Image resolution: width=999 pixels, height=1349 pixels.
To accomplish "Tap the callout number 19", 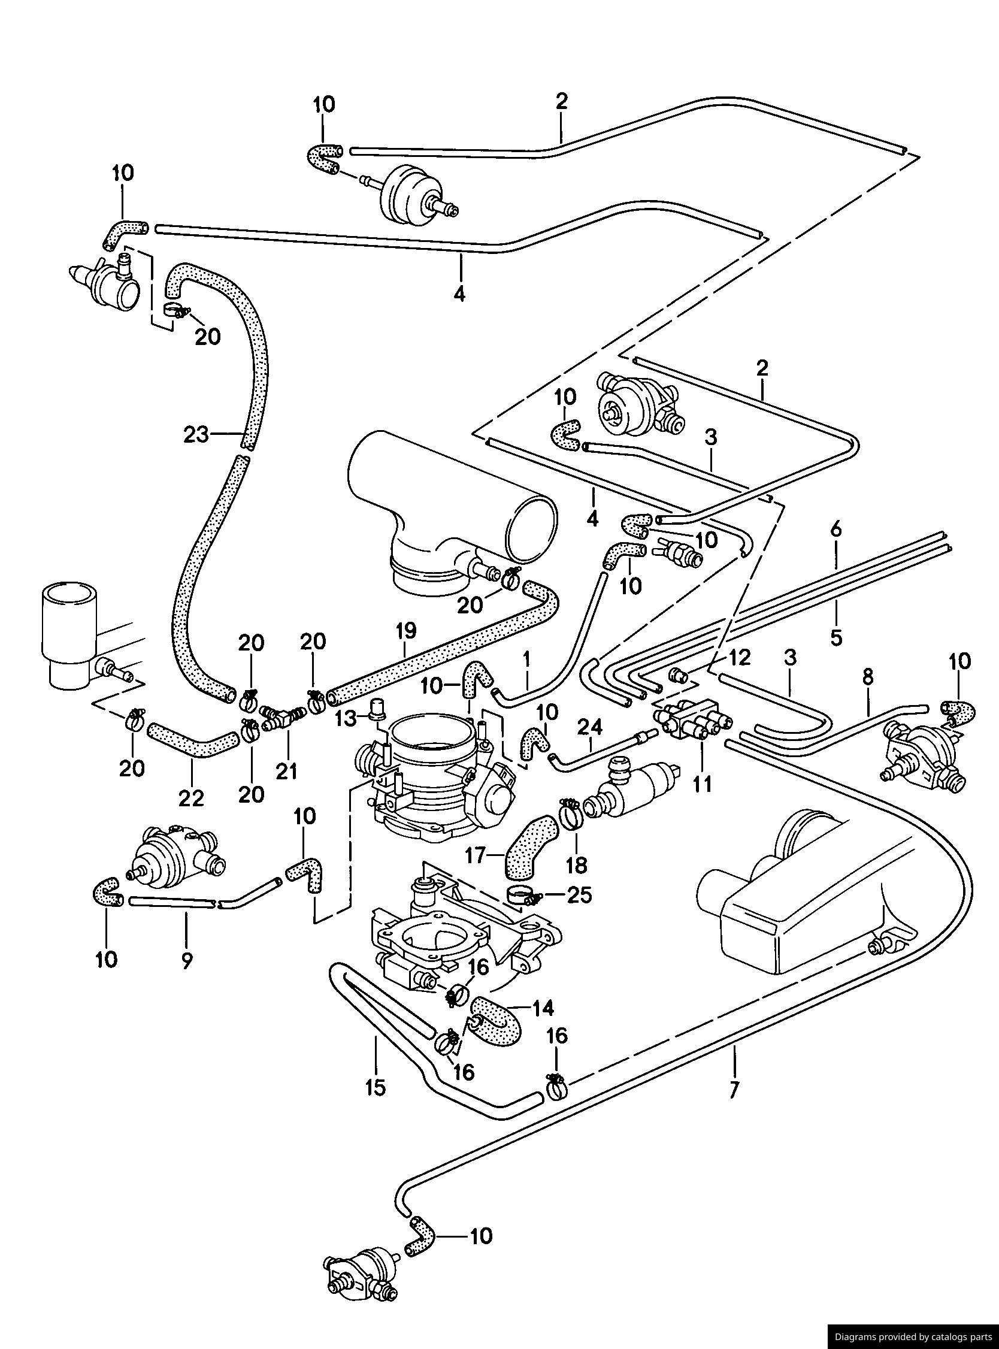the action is pos(407,631).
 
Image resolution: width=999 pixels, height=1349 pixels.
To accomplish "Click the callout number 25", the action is pos(579,896).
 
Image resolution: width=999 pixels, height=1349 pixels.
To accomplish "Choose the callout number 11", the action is pos(702,784).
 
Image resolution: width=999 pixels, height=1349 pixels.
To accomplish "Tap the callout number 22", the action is pos(191,798).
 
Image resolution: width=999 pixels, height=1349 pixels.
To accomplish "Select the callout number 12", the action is pos(740,657).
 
